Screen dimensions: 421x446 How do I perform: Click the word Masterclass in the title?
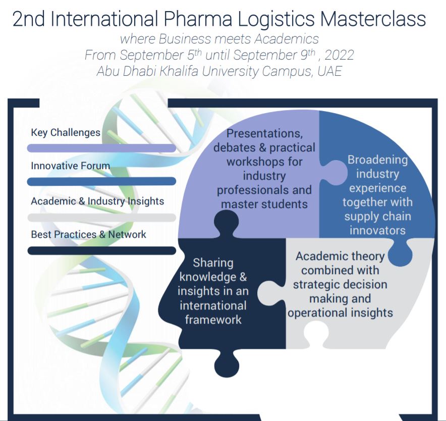click(373, 19)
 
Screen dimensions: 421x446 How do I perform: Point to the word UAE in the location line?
click(329, 71)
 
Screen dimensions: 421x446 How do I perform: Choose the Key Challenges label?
click(66, 133)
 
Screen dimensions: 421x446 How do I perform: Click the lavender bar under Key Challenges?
click(101, 148)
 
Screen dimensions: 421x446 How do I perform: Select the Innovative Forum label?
click(70, 166)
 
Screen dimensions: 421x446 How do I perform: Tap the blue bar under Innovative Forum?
click(101, 181)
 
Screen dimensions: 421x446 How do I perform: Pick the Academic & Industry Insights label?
click(97, 201)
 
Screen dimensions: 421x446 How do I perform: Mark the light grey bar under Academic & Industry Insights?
click(101, 218)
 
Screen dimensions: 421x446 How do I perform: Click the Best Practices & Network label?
click(88, 234)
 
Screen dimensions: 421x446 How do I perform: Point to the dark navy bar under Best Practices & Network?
click(101, 250)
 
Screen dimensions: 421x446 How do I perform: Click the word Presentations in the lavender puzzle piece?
click(264, 134)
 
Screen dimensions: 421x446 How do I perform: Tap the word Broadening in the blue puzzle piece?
click(377, 160)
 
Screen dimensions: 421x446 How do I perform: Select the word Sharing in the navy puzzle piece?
click(213, 263)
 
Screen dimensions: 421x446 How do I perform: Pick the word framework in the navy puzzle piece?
click(213, 320)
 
